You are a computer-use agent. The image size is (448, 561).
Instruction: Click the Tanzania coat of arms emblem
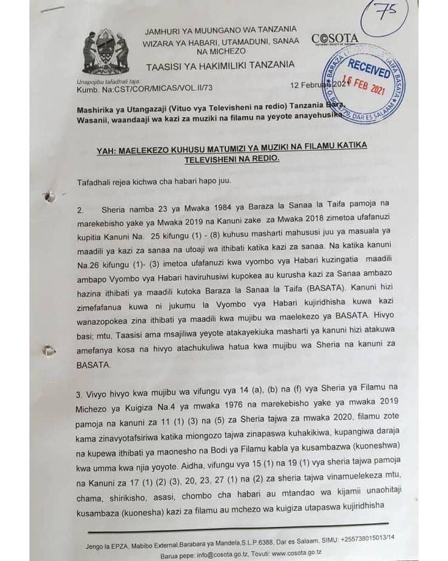coord(106,51)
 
